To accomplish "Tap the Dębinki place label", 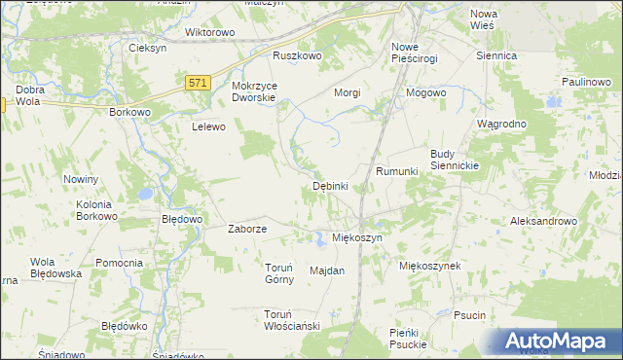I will pos(330,186).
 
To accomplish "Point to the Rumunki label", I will pos(397,171).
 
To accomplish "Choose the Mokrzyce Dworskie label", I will pos(254,91).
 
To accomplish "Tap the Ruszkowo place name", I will pos(297,56).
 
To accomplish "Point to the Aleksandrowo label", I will pos(544,221).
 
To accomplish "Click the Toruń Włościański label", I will pos(292,320).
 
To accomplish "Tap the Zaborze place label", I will pos(247,230).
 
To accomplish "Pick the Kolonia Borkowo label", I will pos(96,210).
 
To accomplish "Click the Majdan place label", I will pos(327,270).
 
